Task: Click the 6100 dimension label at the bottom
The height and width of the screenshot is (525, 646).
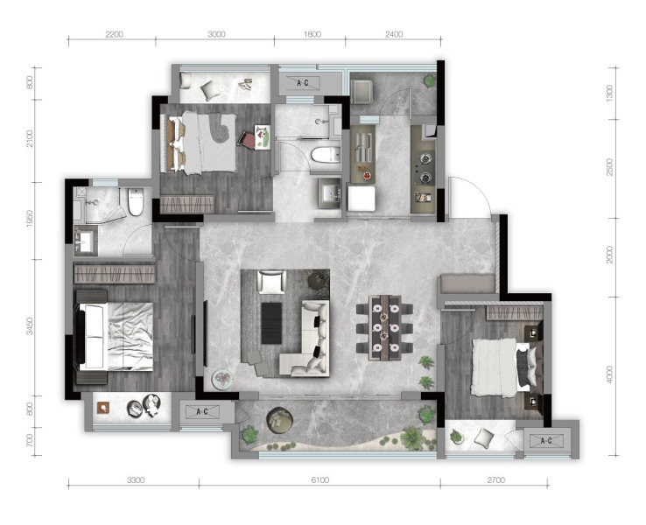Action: click(x=320, y=479)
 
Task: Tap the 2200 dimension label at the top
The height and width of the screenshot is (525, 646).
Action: click(x=114, y=34)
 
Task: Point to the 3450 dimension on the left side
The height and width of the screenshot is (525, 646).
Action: click(x=30, y=325)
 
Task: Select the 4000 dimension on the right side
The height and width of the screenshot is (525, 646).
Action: click(x=610, y=374)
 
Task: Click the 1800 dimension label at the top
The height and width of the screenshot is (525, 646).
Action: click(x=312, y=34)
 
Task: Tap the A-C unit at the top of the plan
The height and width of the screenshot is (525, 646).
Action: click(x=303, y=83)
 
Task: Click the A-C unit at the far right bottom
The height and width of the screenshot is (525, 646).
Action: click(x=546, y=441)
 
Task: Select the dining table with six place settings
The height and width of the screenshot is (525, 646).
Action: click(x=384, y=327)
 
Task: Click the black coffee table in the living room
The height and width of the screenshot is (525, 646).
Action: click(x=271, y=323)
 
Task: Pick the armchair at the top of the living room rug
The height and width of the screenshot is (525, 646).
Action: click(x=271, y=282)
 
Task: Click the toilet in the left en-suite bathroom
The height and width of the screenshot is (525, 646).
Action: click(x=136, y=201)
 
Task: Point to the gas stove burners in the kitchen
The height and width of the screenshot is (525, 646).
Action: click(x=425, y=168)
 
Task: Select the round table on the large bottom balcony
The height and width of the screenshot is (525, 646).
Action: click(x=280, y=420)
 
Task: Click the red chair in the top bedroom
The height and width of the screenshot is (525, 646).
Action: click(x=247, y=139)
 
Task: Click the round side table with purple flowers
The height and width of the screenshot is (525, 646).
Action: click(x=222, y=379)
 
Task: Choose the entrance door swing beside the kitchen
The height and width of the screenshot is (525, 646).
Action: click(x=469, y=196)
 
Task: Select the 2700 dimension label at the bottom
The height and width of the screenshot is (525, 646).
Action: click(x=495, y=479)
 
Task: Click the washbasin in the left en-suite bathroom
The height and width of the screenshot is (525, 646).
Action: click(x=86, y=241)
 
